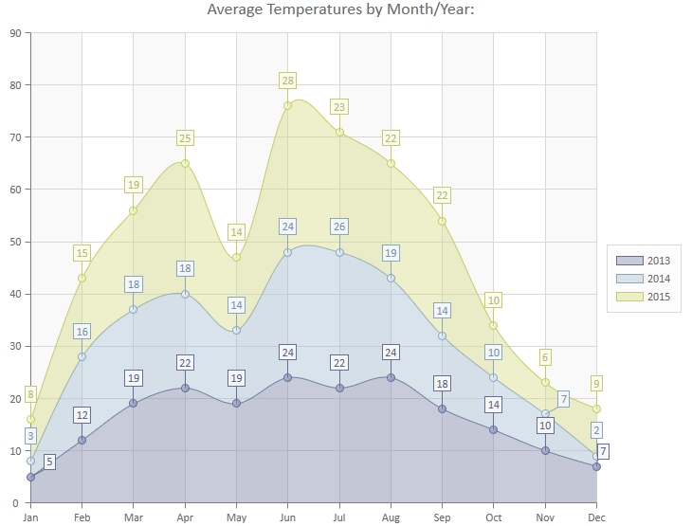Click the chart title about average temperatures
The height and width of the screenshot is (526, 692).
[x=345, y=10]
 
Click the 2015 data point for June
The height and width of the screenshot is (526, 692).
[x=287, y=105]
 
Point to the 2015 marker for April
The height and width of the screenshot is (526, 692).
[x=185, y=163]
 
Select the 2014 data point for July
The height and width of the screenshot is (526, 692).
[x=339, y=252]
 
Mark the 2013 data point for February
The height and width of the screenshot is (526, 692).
[x=82, y=440]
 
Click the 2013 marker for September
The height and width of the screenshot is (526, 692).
[x=442, y=408]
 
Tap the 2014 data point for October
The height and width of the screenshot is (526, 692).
[x=493, y=377]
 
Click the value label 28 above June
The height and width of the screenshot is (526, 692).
[x=287, y=81]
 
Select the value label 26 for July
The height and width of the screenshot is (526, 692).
[x=339, y=227]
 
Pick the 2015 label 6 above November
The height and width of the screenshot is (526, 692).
[x=545, y=357]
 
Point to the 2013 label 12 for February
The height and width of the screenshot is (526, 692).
[x=82, y=415]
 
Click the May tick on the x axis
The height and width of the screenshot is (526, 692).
[x=236, y=517]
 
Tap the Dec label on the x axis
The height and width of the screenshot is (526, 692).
[x=596, y=517]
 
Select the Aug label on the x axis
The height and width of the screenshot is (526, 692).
[x=391, y=517]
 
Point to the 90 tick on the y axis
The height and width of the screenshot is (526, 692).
[x=14, y=33]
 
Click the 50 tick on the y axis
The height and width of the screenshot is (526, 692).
[x=14, y=242]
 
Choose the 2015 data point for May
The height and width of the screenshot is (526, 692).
[x=236, y=257]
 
